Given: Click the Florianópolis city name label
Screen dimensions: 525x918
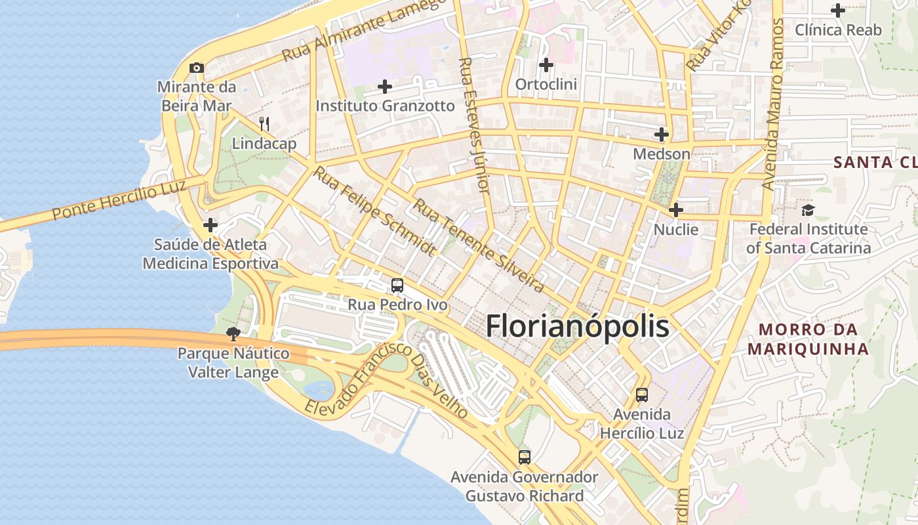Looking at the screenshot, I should [x=578, y=326].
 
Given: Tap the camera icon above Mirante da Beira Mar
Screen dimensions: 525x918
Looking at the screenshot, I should [x=196, y=68].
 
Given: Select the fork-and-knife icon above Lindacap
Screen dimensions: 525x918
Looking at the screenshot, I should [x=264, y=123].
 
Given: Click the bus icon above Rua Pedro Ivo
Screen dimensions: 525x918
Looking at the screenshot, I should [x=397, y=285].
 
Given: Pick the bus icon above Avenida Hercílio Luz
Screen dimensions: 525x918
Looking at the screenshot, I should [x=642, y=395].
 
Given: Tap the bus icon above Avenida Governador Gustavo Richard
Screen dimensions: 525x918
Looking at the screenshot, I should [x=524, y=457].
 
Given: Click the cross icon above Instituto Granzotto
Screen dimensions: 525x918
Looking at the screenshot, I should [x=385, y=86].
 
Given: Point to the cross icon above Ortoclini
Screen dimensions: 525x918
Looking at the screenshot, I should [x=546, y=65].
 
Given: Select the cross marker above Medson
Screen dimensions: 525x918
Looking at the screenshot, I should [x=662, y=135].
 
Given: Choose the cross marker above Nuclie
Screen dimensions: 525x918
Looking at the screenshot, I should [x=676, y=210].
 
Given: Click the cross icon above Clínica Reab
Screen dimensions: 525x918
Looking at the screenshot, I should [x=838, y=10].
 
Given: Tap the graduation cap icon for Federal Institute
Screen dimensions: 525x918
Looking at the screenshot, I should [x=808, y=210].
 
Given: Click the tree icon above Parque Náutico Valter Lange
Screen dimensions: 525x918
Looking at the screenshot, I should [x=233, y=334].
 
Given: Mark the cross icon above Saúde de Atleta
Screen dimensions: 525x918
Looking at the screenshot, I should [x=210, y=225].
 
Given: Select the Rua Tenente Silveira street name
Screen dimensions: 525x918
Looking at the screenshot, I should [x=478, y=246].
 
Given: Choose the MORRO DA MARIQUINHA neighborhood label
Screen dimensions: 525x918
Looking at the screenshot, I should [x=808, y=339].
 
